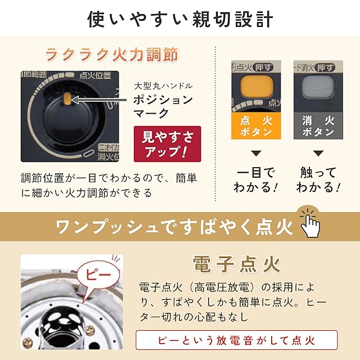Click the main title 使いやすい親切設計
pyautogui.click(x=180, y=19)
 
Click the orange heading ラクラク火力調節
pyautogui.click(x=112, y=55)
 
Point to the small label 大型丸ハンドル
pyautogui.click(x=163, y=86)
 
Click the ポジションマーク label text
pyautogui.click(x=163, y=106)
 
